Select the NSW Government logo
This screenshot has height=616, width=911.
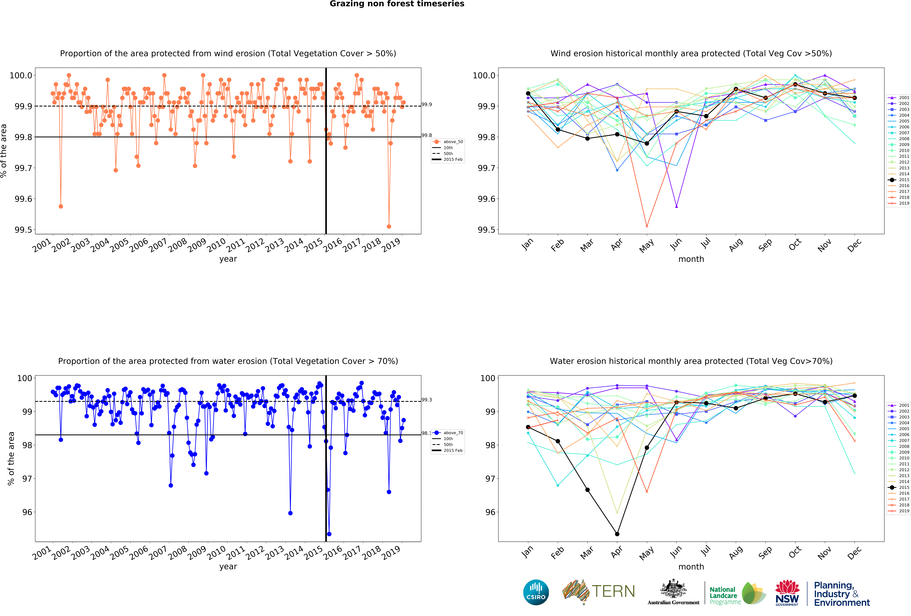click(787, 593)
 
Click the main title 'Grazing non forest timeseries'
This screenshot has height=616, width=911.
click(397, 4)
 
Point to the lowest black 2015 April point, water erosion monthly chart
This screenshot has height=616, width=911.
click(617, 534)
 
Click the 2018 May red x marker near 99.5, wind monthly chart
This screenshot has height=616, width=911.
click(647, 226)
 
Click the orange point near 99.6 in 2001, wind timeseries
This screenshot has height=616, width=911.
click(61, 206)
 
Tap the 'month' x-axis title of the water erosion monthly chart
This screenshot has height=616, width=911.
click(691, 567)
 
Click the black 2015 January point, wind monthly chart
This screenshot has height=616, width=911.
click(528, 93)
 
